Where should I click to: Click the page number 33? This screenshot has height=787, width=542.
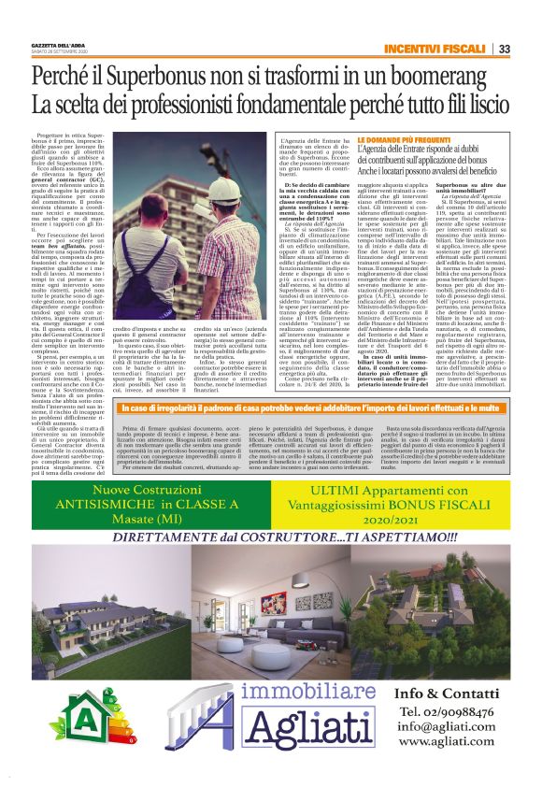[x=504, y=49]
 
